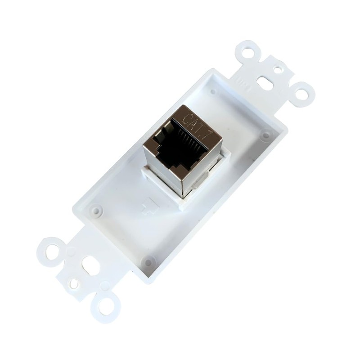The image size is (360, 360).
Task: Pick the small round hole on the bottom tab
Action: click(x=73, y=283)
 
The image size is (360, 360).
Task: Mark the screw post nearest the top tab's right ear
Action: click(x=266, y=134)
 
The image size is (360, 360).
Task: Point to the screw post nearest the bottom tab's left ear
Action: click(x=95, y=210)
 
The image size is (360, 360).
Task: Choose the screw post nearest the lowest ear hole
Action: click(x=148, y=261)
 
